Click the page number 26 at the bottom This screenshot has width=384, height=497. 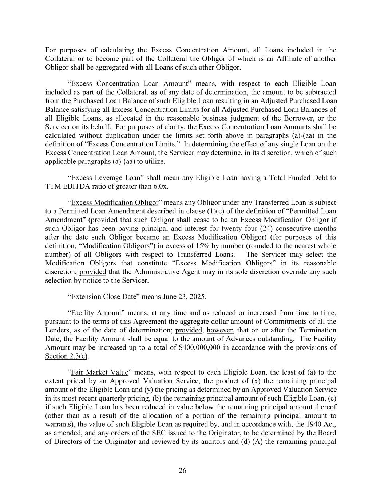(x=182, y=471)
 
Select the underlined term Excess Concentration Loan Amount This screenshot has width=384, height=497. (x=130, y=84)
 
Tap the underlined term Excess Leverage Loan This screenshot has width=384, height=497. (x=106, y=178)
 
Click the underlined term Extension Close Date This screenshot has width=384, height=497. (x=103, y=296)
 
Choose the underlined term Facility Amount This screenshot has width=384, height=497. (x=96, y=313)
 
